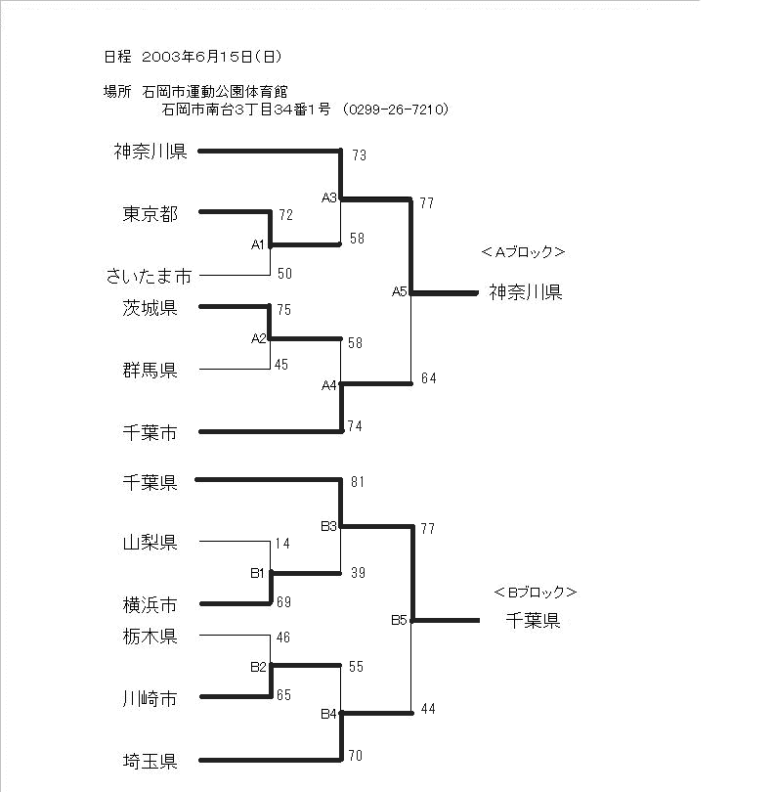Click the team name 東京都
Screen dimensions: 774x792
[150, 214]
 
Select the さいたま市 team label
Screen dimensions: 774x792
[149, 277]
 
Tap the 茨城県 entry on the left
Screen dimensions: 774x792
[150, 308]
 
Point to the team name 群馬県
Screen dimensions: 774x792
[150, 371]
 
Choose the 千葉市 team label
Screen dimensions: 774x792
[150, 433]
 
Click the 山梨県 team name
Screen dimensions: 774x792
[150, 543]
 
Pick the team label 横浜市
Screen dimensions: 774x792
[150, 604]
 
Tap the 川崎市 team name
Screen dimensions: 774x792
[150, 698]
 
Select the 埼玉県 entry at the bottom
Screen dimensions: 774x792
[150, 761]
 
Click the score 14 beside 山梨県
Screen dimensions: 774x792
[282, 544]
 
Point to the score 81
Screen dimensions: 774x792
[358, 482]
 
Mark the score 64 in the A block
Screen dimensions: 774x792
[429, 377]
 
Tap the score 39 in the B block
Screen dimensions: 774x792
[358, 572]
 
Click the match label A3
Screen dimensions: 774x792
[329, 198]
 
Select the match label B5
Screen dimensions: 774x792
[399, 620]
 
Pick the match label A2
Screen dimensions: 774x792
[259, 338]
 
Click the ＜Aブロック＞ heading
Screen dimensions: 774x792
[523, 251]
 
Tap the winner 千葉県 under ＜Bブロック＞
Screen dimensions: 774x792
[534, 620]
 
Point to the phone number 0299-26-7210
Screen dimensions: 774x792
[396, 110]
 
